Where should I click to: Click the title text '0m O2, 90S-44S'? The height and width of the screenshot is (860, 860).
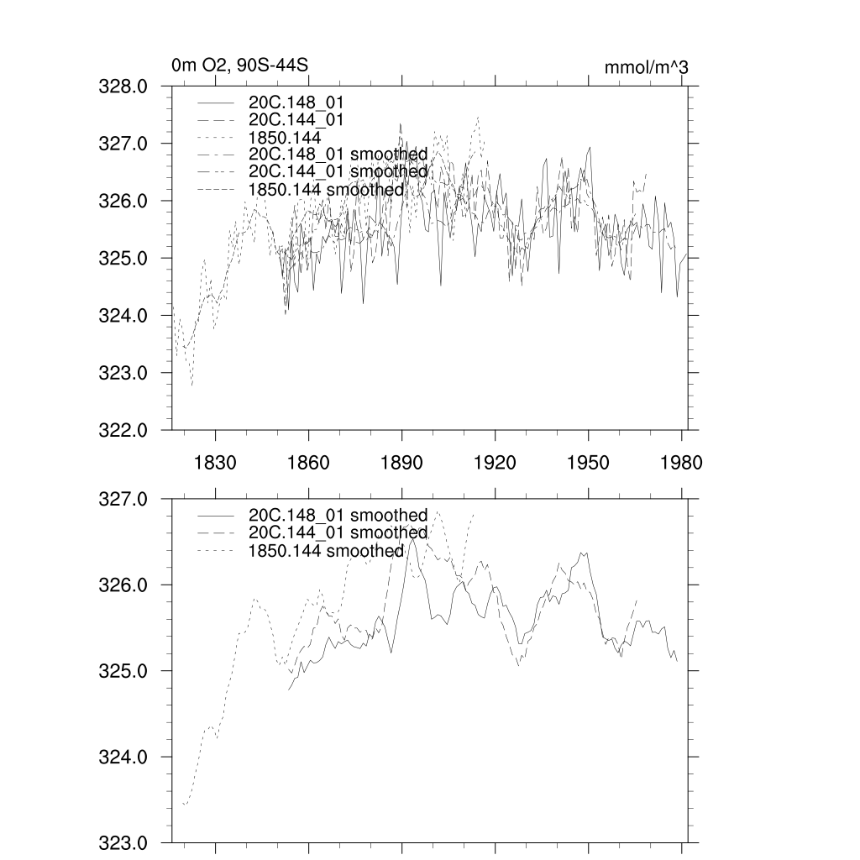[x=231, y=66]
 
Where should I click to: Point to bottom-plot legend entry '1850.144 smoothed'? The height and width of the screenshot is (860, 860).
[x=326, y=551]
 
